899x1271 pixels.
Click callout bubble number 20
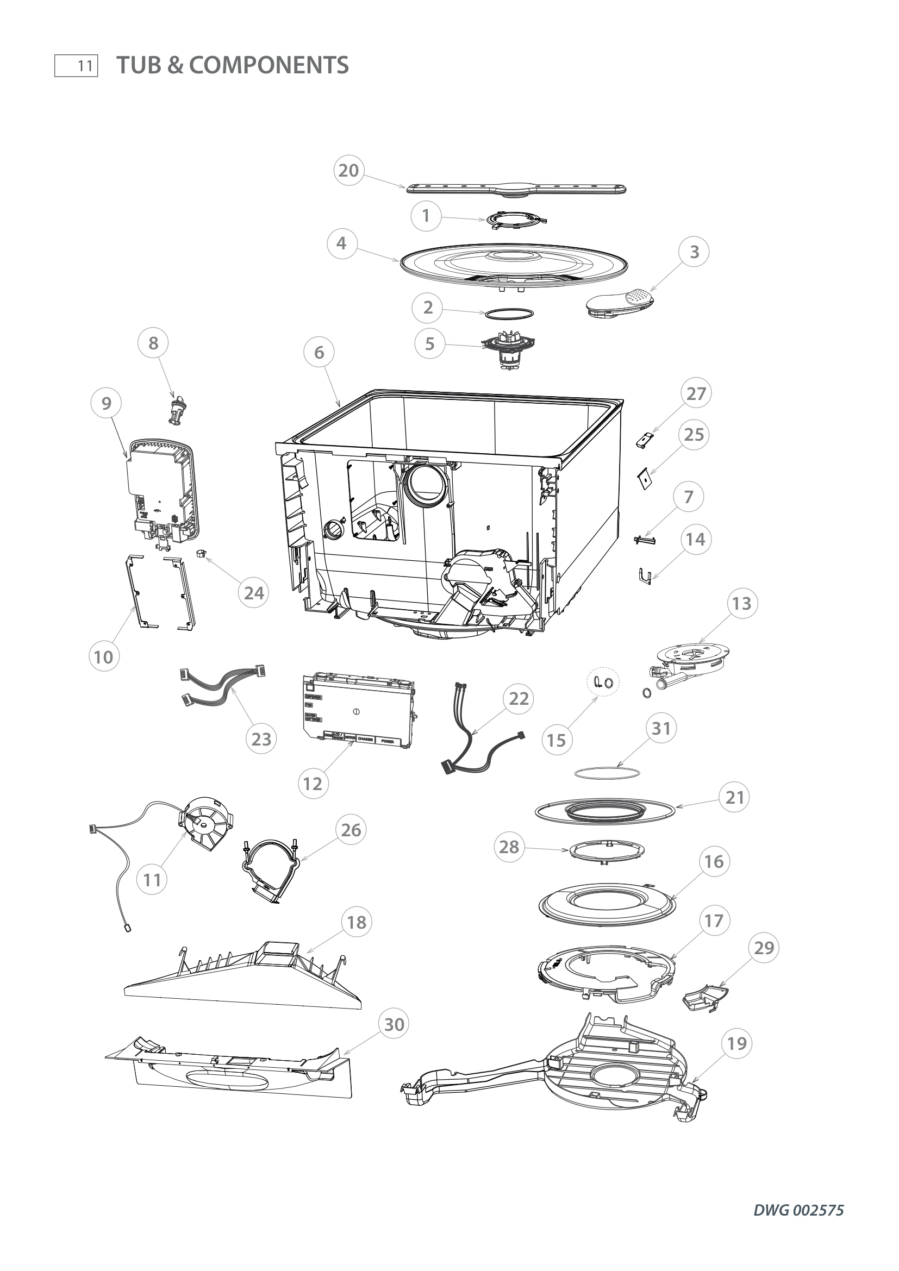(348, 171)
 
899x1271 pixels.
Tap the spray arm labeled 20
(517, 189)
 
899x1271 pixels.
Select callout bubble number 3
(695, 252)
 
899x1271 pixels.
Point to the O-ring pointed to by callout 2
(510, 314)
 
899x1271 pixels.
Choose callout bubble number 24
(253, 593)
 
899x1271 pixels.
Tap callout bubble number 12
(313, 784)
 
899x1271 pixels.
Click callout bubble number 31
(661, 729)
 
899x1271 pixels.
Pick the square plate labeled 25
(643, 478)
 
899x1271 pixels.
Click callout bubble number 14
(695, 539)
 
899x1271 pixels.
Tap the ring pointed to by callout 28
(607, 853)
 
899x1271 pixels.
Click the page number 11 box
(77, 66)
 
